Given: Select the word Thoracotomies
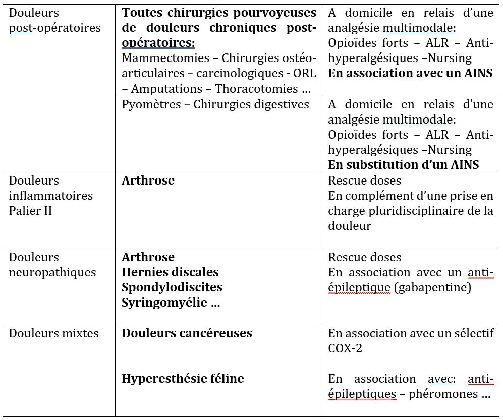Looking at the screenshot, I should point(256,89).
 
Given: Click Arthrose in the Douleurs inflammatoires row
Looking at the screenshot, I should point(148,181).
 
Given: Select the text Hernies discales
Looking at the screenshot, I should point(170,272).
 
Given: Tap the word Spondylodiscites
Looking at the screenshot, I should point(172,287).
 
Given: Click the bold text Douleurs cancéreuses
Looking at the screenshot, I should point(187,333).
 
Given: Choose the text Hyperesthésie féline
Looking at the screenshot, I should point(183,379).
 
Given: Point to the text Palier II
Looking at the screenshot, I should point(31,210).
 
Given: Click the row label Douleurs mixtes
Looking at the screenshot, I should point(53,333).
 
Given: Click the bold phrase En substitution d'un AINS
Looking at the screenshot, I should point(403,165).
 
